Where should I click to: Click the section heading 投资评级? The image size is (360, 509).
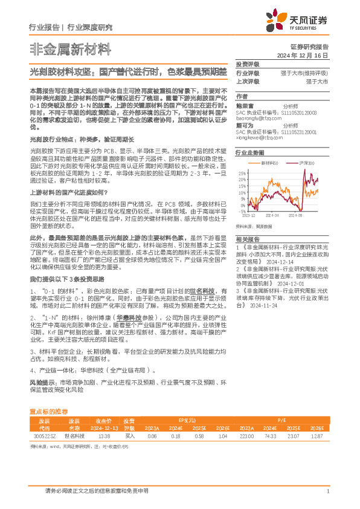248,63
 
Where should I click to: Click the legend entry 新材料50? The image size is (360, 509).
270,163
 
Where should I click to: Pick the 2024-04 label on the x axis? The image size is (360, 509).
273,215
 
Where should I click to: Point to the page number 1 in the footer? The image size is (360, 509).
327,491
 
